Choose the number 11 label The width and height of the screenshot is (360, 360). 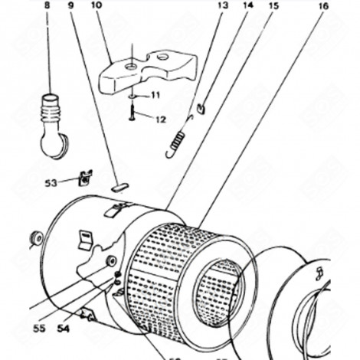point(155,95)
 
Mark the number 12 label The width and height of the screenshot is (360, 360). point(160,119)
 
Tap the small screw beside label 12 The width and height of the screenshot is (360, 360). point(132,113)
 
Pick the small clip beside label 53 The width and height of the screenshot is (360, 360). point(86,178)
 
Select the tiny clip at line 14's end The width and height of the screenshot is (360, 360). point(199,108)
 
